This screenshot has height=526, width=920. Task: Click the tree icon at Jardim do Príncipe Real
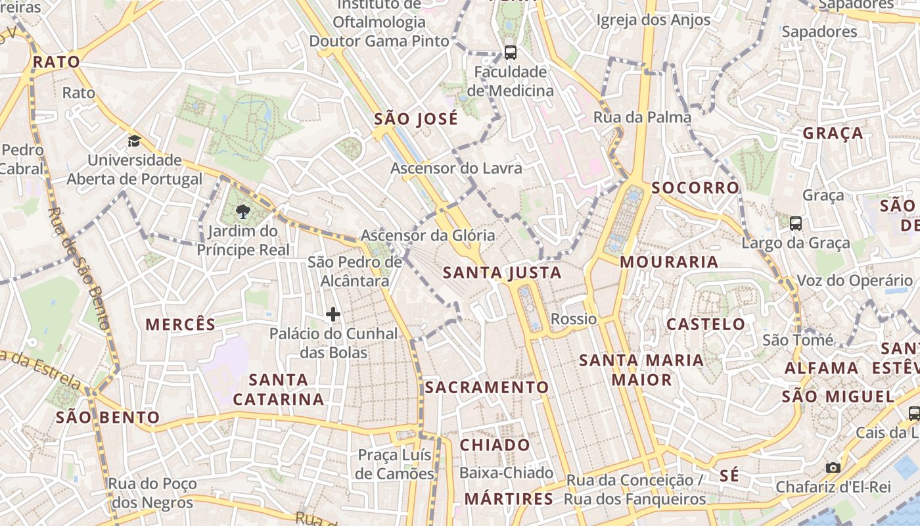coord(243,211)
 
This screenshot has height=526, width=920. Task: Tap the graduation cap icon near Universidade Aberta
coord(135,141)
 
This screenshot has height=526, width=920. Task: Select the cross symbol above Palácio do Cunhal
coord(333,314)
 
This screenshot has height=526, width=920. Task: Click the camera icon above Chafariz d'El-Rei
coord(833,467)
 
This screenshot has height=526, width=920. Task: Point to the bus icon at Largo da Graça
coord(796,224)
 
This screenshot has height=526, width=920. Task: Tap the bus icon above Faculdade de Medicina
coord(510,52)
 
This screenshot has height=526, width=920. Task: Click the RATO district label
coord(57,62)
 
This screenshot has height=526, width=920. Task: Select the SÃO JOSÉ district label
coord(416,120)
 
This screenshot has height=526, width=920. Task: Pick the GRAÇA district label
coord(833,133)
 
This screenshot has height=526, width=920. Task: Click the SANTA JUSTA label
coord(502,272)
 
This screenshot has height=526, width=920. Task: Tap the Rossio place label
coord(574,319)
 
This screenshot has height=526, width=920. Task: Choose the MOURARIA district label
coord(669,262)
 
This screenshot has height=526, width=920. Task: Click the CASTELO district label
coord(706,324)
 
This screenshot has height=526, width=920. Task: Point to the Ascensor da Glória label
coord(428,235)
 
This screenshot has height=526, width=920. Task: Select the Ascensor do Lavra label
coord(456,168)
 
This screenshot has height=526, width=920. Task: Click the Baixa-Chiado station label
coord(506,473)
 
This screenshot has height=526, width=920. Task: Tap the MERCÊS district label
coord(180,324)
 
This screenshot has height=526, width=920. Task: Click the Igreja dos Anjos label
coord(653,20)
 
